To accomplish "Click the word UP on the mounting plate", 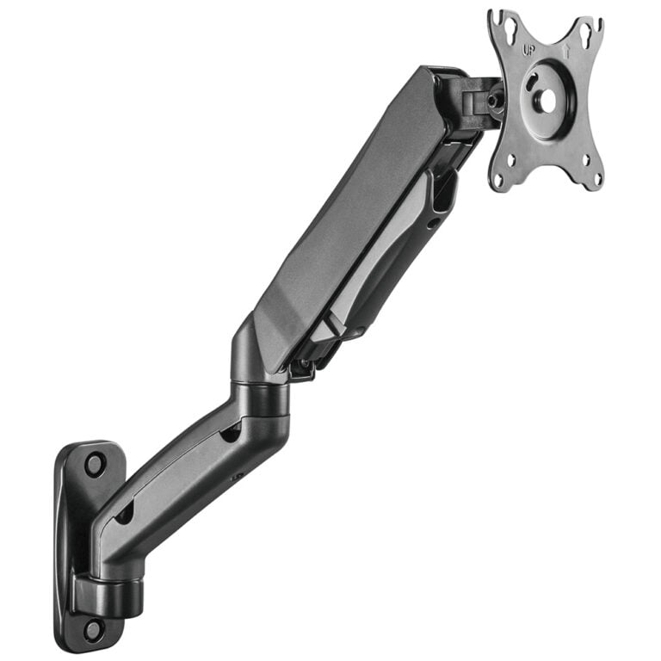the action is click(528, 51).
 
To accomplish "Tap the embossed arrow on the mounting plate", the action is click(566, 51).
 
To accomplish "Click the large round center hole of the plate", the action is click(548, 102).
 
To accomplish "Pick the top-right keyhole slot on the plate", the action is click(586, 32).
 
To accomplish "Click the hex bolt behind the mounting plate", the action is click(492, 100).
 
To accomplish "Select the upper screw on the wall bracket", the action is click(95, 464).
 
